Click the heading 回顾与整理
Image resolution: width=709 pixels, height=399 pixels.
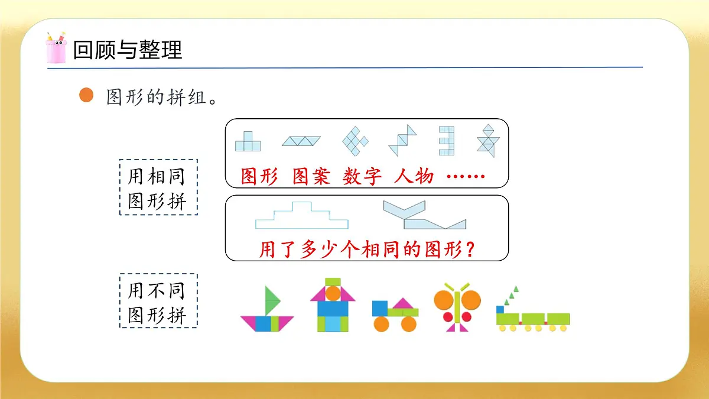(127, 50)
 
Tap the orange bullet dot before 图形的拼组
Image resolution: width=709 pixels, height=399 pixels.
(86, 95)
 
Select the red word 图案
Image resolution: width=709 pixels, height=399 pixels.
(311, 177)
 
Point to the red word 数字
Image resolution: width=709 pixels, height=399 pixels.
(362, 177)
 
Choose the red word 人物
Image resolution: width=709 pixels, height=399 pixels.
(414, 177)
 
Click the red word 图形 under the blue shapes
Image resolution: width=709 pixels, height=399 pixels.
(259, 177)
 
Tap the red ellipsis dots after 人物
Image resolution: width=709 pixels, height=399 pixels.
(466, 176)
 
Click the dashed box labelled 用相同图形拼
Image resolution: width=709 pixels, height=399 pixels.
(158, 187)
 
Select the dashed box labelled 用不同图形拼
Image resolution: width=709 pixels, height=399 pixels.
(158, 300)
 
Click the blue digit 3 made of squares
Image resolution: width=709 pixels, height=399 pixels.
(446, 140)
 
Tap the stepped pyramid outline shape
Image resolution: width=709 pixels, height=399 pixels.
(301, 216)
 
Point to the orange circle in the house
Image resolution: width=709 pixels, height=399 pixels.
(333, 293)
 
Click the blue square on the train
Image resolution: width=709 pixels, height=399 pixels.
(500, 309)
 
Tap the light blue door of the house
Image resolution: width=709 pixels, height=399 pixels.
(333, 324)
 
